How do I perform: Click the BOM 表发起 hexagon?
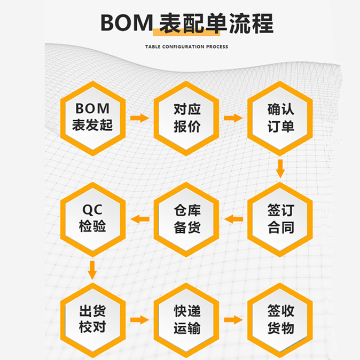point(93,118)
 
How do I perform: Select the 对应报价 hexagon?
point(186,118)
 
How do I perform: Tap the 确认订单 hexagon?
point(280,118)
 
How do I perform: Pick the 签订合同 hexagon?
point(280,218)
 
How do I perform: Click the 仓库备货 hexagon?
point(186,218)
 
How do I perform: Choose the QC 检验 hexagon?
point(93,218)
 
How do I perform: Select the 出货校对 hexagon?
point(93,319)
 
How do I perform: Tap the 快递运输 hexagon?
point(186,319)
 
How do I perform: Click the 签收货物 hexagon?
point(280,319)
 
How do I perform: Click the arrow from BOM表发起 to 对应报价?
point(139,118)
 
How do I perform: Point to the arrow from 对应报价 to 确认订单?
point(233,118)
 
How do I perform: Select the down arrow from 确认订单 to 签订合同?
point(280,168)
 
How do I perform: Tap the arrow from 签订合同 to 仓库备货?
point(233,218)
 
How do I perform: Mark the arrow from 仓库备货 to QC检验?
point(140,218)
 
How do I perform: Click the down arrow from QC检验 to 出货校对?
point(92,269)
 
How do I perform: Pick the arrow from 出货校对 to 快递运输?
point(139,319)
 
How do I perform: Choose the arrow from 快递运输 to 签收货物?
point(233,319)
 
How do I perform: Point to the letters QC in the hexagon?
point(92,209)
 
